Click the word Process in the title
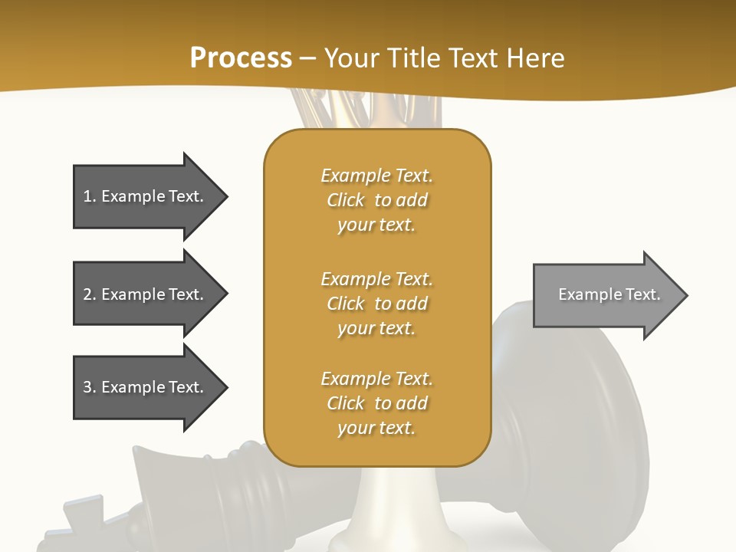(241, 58)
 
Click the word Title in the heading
(414, 58)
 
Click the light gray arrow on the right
(606, 295)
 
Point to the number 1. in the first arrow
(90, 196)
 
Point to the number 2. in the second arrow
(90, 294)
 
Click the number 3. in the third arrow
(90, 387)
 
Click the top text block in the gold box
(377, 200)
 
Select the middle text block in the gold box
(377, 304)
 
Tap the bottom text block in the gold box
(377, 403)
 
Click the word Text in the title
(474, 58)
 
